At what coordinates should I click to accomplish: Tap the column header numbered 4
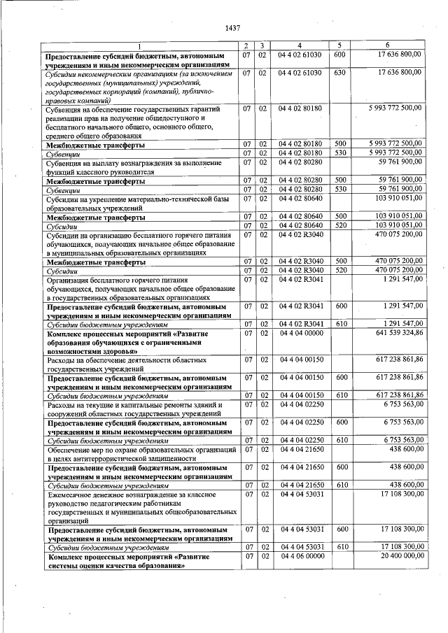(299, 45)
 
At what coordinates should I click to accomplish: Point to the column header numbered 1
(139, 45)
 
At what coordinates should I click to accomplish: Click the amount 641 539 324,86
(399, 334)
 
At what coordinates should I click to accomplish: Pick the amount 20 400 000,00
(401, 556)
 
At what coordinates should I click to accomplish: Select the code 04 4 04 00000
(300, 334)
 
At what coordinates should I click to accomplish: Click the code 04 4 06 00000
(300, 556)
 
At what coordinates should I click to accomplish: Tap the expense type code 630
(339, 72)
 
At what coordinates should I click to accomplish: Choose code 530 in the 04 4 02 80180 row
(339, 153)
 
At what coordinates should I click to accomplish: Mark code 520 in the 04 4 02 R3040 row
(339, 270)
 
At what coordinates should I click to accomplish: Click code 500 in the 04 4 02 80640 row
(339, 217)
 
